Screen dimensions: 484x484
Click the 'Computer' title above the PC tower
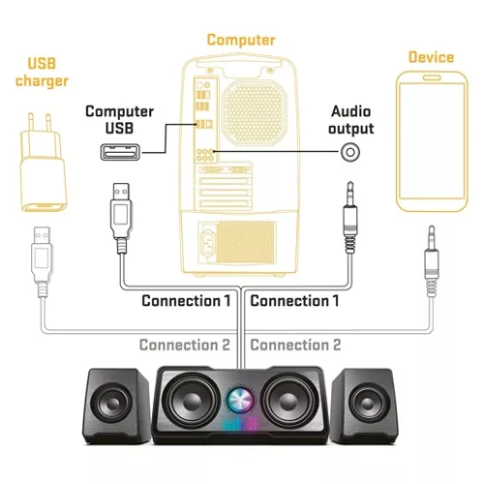coord(241,40)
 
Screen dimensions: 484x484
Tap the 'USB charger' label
coord(42,73)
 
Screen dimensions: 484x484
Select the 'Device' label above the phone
coord(431,57)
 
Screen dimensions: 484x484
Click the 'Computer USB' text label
coord(119,120)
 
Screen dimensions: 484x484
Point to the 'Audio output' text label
coord(351,120)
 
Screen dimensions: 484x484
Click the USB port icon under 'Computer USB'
coord(120,152)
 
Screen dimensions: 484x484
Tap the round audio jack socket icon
coord(350,152)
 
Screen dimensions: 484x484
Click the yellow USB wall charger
coord(43,163)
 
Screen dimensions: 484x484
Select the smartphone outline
coord(432,141)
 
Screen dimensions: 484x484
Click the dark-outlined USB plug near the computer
coord(121,218)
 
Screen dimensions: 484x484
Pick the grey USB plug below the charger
coord(42,261)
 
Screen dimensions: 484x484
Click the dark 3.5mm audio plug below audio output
coord(349,218)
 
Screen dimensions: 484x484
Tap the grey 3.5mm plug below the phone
coord(432,261)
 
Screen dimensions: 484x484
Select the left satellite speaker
coord(117,407)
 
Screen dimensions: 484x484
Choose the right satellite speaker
coord(365,407)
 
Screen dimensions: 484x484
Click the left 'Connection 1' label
coord(186,301)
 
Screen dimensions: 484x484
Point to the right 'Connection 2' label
coord(295,345)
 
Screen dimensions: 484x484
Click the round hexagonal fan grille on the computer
coord(255,112)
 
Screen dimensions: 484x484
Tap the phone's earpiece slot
coord(432,77)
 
